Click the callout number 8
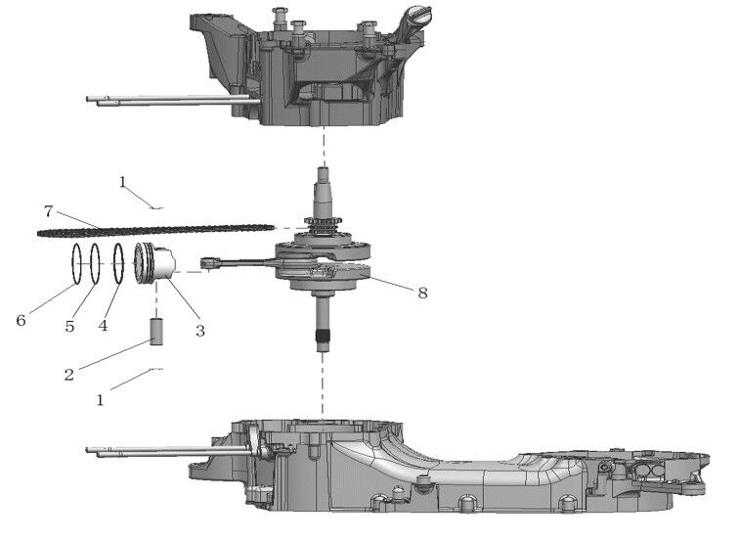coord(422,293)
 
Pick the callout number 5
coord(69,326)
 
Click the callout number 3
coord(199,331)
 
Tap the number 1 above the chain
coord(122,182)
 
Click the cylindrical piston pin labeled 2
coord(155,330)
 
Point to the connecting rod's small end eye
coord(207,261)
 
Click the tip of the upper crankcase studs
coord(90,99)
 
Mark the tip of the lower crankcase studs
coord(90,451)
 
